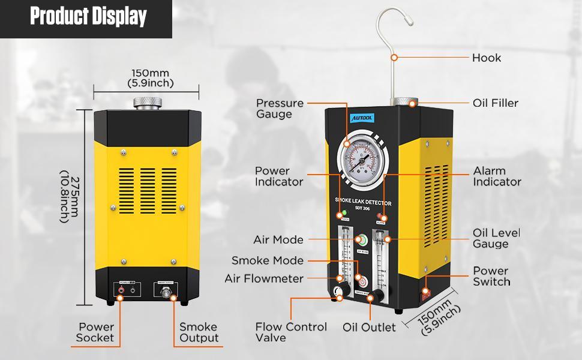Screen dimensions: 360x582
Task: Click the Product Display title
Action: pyautogui.click(x=88, y=17)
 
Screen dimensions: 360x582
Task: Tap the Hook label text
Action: pyautogui.click(x=486, y=58)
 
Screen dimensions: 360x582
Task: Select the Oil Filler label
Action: pyautogui.click(x=495, y=103)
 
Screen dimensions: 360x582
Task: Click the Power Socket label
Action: pyautogui.click(x=95, y=332)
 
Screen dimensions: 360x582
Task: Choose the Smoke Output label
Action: pyautogui.click(x=199, y=332)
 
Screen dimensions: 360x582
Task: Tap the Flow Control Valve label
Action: pyautogui.click(x=291, y=332)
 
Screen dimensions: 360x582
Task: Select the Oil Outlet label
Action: pyautogui.click(x=369, y=328)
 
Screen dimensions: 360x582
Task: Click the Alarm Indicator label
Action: pyautogui.click(x=497, y=176)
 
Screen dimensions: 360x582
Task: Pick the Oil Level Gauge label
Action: pyautogui.click(x=496, y=238)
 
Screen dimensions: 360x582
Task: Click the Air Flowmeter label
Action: pyautogui.click(x=264, y=279)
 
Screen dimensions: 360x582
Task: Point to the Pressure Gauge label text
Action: pyautogui.click(x=280, y=109)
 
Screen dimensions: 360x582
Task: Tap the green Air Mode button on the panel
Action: pyautogui.click(x=361, y=240)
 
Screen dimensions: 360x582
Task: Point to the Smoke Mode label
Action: pyautogui.click(x=268, y=261)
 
